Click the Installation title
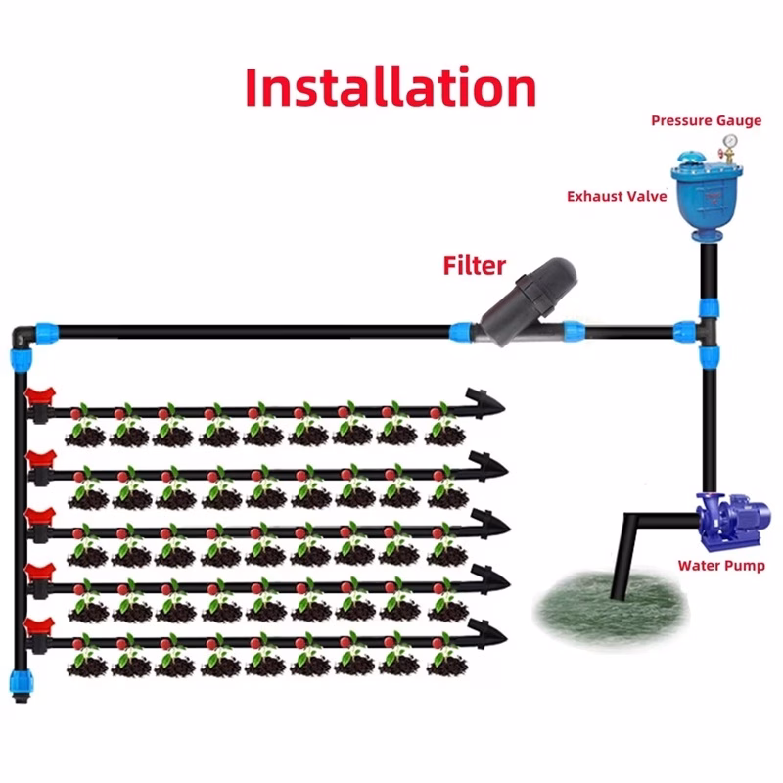click(391, 87)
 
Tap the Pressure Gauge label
click(706, 121)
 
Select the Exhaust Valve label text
click(617, 197)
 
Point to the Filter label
click(475, 265)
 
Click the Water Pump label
click(721, 566)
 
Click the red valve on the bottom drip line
click(38, 627)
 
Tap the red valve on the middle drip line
click(38, 515)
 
